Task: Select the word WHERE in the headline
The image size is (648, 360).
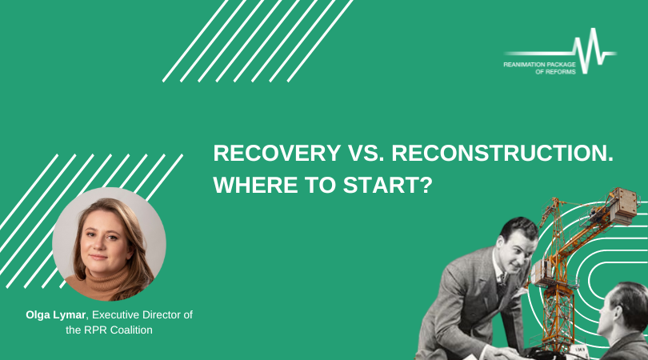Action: (x=255, y=185)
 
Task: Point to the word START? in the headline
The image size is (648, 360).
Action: (x=388, y=185)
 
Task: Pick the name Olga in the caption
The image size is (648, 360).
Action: (x=38, y=315)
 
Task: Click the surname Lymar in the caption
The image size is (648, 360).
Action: (x=70, y=316)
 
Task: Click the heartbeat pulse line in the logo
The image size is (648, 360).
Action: (x=560, y=51)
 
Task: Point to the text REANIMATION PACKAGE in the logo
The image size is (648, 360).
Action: (x=539, y=65)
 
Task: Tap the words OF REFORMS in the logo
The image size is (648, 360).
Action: (x=555, y=72)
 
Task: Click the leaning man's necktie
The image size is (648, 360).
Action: (x=502, y=285)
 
